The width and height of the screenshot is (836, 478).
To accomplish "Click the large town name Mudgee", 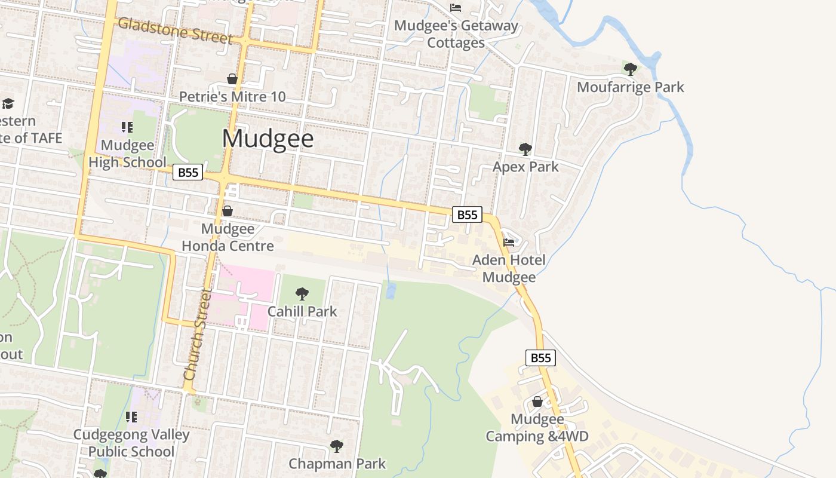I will (x=268, y=139).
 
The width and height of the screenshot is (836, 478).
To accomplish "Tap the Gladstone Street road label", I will (x=174, y=31).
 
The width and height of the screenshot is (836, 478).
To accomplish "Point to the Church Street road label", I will (x=198, y=335).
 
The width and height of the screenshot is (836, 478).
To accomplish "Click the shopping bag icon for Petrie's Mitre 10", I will (x=232, y=79).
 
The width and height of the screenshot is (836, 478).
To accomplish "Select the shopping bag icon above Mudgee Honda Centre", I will (x=228, y=211).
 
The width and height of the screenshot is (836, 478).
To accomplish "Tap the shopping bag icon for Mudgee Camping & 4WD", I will (x=537, y=402).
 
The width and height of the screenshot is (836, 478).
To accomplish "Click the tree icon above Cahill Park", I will (x=302, y=293).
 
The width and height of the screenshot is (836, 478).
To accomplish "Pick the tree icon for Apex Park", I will (x=525, y=149).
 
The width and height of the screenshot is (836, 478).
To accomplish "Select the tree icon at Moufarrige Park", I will (x=630, y=69).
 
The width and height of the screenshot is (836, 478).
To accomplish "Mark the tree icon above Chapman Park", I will (x=337, y=446).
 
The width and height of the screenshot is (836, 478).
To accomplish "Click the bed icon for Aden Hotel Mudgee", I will (x=509, y=243).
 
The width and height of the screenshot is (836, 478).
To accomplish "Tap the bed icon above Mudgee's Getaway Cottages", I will (x=456, y=8).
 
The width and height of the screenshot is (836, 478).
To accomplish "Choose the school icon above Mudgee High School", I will (x=127, y=127).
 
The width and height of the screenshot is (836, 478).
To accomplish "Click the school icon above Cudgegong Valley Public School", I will (x=131, y=416).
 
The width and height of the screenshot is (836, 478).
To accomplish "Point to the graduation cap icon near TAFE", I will (x=8, y=103).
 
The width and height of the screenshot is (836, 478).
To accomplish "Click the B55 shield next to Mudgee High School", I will (x=188, y=173).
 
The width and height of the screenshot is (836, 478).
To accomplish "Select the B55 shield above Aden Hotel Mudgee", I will (x=467, y=215).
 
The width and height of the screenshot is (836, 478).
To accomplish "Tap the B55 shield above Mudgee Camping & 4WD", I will (x=540, y=358).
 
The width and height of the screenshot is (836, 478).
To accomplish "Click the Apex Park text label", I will (x=525, y=167).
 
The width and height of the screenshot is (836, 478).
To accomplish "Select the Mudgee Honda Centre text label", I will (x=228, y=237).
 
